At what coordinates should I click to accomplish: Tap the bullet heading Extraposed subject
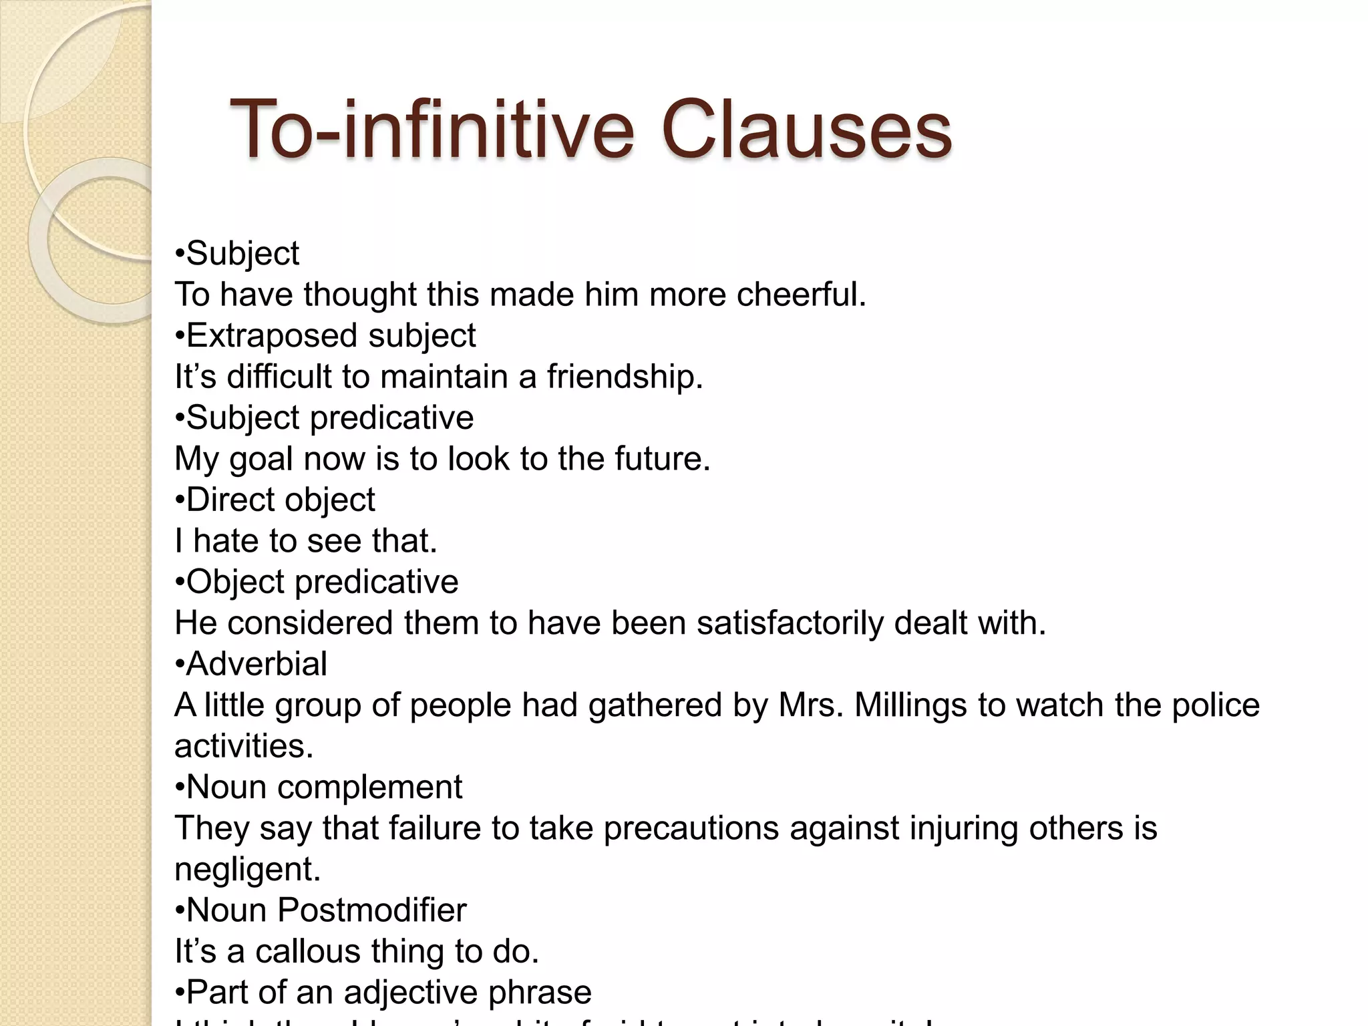(325, 335)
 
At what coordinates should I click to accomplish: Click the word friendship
(625, 377)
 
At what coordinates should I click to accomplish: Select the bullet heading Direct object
(275, 500)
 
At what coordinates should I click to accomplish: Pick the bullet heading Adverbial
(251, 664)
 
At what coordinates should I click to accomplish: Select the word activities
(244, 746)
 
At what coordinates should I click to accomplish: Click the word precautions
(691, 829)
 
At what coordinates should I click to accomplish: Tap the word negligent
(247, 870)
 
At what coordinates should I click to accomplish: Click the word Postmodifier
(371, 910)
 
